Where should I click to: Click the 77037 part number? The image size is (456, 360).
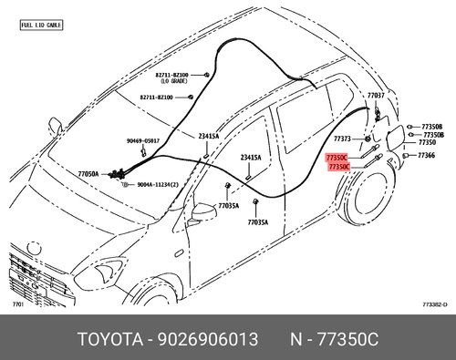(x=376, y=95)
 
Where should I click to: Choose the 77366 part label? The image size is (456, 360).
(x=426, y=156)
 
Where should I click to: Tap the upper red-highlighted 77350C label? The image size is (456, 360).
(x=337, y=158)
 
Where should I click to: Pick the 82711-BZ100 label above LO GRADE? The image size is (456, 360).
(x=171, y=74)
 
